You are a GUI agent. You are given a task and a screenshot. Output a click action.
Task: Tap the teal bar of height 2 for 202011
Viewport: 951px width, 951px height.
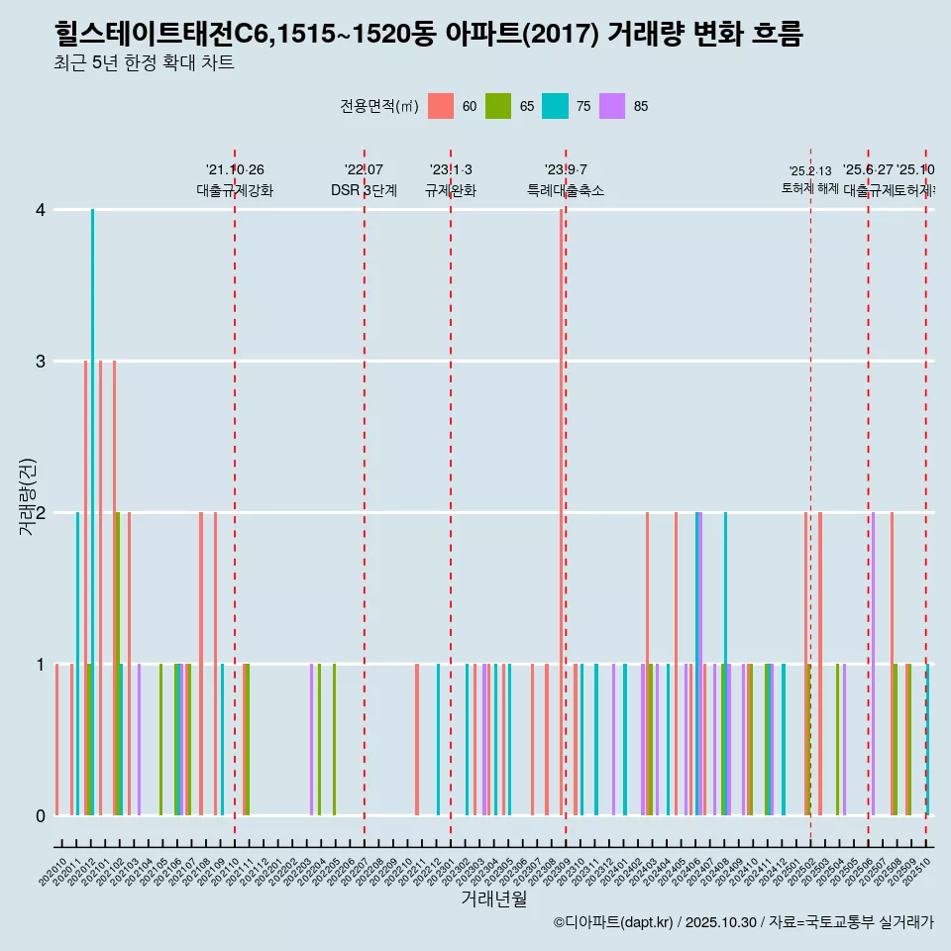(x=77, y=664)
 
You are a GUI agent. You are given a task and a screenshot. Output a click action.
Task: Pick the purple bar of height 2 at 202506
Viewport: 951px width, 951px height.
(x=873, y=664)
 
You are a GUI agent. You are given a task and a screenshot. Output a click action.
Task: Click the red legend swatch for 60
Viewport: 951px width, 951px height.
(x=441, y=106)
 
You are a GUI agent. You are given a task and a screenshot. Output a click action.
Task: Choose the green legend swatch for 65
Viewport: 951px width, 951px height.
(x=498, y=106)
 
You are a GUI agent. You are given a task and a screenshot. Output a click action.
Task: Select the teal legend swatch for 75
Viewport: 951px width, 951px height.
(x=555, y=106)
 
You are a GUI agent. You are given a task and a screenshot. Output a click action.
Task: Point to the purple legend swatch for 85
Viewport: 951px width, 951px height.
(x=612, y=106)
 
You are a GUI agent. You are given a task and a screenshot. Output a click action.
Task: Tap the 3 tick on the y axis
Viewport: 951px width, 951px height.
(x=41, y=361)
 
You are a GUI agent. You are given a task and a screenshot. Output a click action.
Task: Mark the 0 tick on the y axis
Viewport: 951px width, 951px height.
(x=41, y=815)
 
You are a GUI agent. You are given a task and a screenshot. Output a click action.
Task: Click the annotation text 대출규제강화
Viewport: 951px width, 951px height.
(x=235, y=190)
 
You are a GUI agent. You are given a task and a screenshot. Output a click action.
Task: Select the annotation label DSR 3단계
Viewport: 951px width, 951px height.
(x=365, y=190)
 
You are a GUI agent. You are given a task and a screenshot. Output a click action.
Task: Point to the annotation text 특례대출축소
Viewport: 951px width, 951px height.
(x=566, y=190)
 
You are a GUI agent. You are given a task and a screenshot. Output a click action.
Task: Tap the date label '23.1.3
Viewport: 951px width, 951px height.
(x=451, y=169)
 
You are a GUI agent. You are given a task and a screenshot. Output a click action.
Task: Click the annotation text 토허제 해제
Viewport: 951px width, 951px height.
(x=810, y=187)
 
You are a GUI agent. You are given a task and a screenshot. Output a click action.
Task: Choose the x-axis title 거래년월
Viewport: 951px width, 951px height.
(x=493, y=898)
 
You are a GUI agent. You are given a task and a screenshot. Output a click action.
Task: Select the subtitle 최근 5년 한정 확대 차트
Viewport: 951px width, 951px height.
(x=145, y=63)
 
